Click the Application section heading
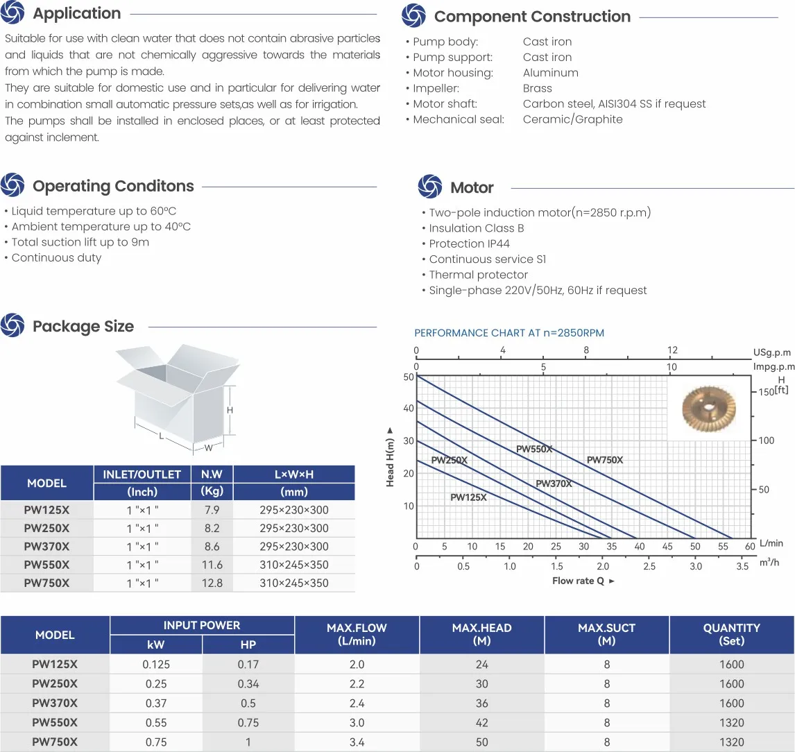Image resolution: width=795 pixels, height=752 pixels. tap(77, 14)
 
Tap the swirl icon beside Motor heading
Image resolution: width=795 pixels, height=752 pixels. tap(430, 187)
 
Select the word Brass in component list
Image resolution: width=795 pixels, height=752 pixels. tap(538, 88)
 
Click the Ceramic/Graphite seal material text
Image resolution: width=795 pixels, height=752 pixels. tap(573, 119)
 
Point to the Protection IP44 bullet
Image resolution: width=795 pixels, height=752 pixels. tap(469, 243)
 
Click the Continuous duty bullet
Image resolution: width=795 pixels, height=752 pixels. tap(56, 258)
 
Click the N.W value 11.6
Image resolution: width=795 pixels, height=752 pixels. tap(212, 565)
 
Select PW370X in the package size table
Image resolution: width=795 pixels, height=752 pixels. tap(46, 547)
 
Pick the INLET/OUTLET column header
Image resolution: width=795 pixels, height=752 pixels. tap(142, 475)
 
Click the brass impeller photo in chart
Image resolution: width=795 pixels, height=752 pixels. tap(708, 409)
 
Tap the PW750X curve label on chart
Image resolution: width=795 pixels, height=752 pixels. tap(605, 460)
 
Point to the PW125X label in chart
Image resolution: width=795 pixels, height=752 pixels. tap(468, 497)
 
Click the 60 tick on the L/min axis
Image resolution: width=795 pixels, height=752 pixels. tap(749, 547)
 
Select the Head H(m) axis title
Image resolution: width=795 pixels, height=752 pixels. tap(390, 456)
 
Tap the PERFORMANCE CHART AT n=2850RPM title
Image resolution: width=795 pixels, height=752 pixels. tap(509, 333)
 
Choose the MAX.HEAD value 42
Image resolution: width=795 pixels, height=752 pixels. tap(482, 723)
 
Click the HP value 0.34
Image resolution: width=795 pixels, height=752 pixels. tap(248, 684)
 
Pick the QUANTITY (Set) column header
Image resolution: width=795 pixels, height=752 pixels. tap(731, 634)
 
